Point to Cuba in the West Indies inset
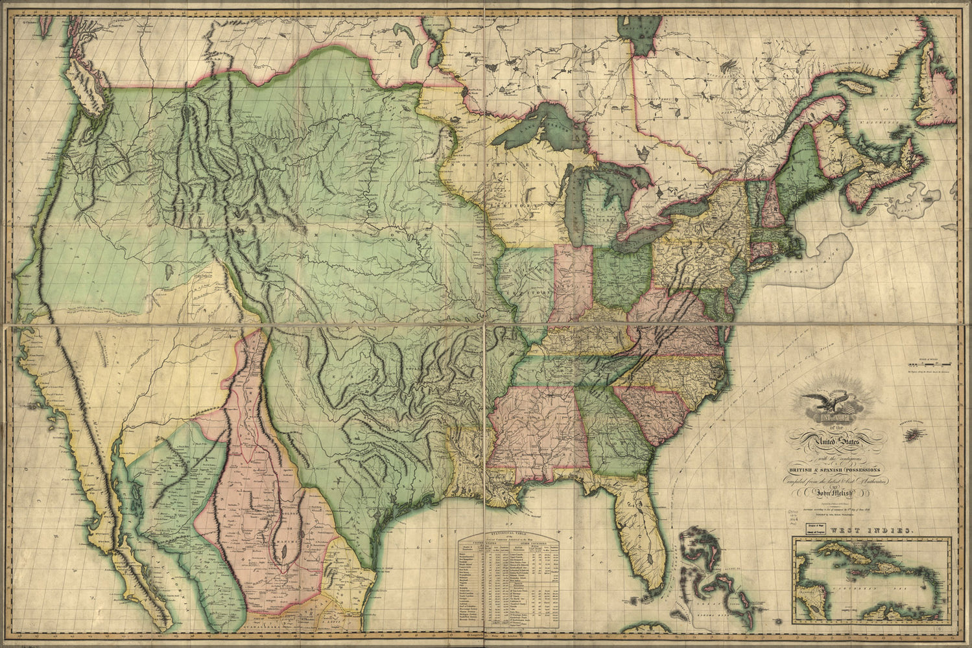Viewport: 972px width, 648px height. click(x=843, y=552)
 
